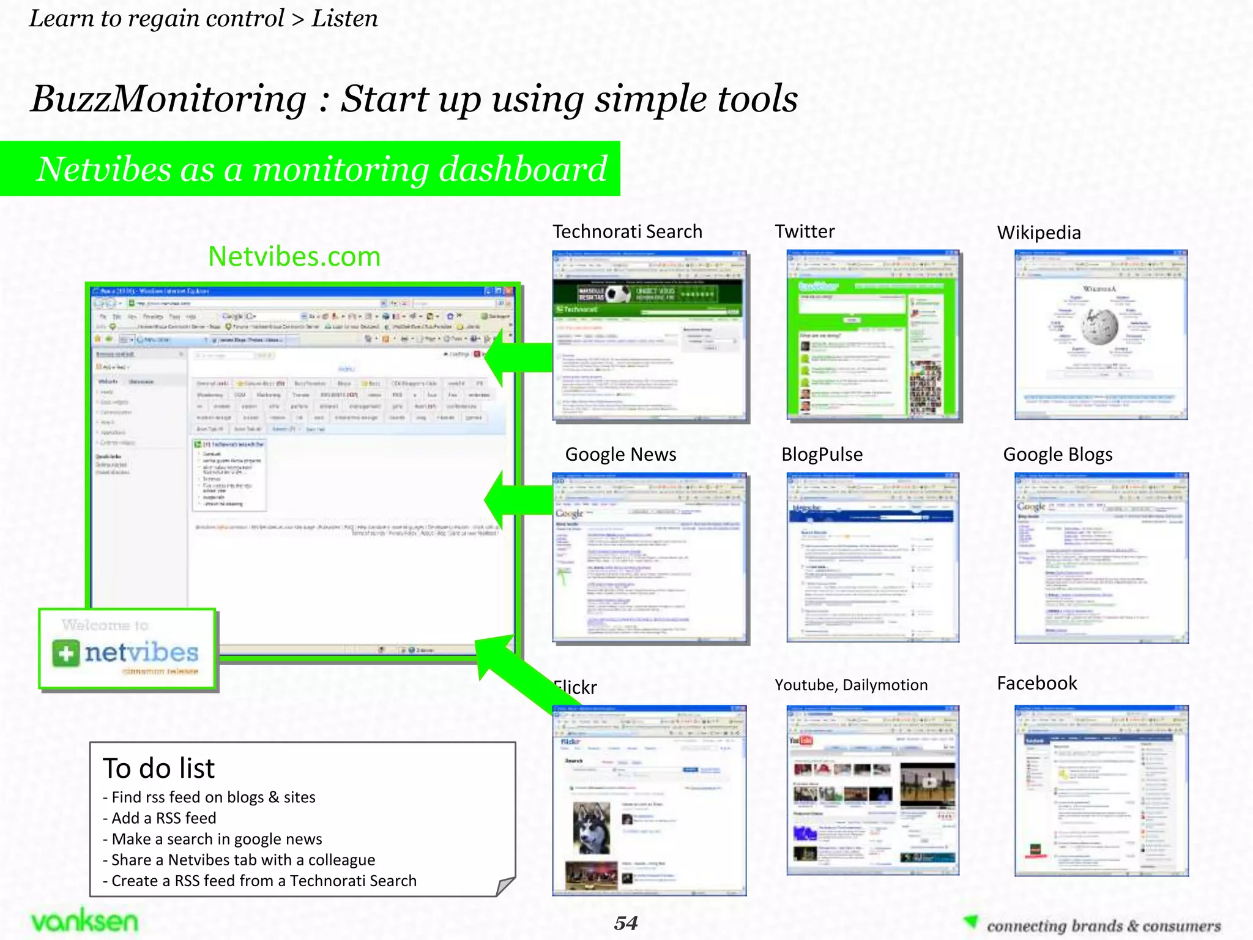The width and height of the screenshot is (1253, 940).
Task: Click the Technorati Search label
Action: click(x=627, y=232)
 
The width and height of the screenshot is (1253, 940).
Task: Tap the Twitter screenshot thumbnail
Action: click(x=873, y=336)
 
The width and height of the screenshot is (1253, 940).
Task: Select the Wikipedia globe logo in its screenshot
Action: click(x=1099, y=326)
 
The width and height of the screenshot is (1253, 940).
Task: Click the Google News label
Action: click(x=620, y=455)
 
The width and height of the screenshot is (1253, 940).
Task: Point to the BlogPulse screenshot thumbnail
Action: click(x=872, y=558)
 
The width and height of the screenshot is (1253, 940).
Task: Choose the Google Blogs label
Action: click(x=1057, y=455)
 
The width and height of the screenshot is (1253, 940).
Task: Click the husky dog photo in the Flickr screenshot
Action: click(x=591, y=827)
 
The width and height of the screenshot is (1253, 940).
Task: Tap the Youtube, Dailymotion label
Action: click(x=850, y=685)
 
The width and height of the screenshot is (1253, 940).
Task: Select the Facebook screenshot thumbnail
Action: click(x=1101, y=791)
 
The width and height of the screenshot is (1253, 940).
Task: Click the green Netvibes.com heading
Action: click(x=294, y=256)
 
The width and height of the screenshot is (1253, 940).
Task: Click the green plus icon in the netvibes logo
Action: click(x=65, y=653)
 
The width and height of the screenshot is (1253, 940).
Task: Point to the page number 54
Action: click(x=626, y=923)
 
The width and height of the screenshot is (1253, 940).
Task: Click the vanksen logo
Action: click(x=84, y=921)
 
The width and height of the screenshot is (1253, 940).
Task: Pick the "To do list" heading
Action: click(x=159, y=769)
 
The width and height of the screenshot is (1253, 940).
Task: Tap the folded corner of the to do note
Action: click(x=505, y=886)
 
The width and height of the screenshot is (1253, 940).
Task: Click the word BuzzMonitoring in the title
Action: click(x=168, y=99)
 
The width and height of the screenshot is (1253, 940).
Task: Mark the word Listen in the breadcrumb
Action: click(x=344, y=19)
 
